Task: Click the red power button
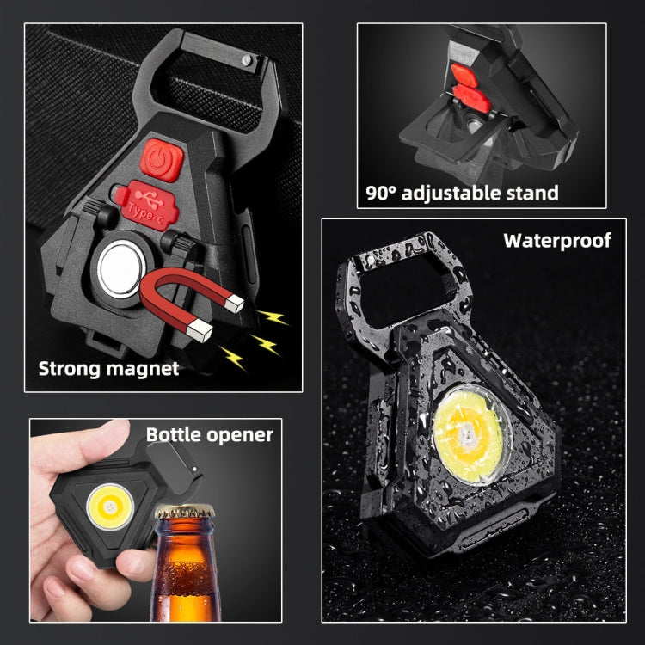click(x=162, y=160)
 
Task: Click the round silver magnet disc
click(x=122, y=268)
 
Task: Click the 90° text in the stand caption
click(x=380, y=193)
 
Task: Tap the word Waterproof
click(x=557, y=241)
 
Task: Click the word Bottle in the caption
click(x=174, y=435)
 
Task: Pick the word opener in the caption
click(x=240, y=436)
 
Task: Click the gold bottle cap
click(x=184, y=512)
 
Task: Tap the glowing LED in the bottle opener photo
click(x=110, y=507)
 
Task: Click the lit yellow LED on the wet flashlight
click(x=469, y=434)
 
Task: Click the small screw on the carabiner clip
click(x=247, y=60)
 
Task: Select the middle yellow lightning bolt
click(x=266, y=344)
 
